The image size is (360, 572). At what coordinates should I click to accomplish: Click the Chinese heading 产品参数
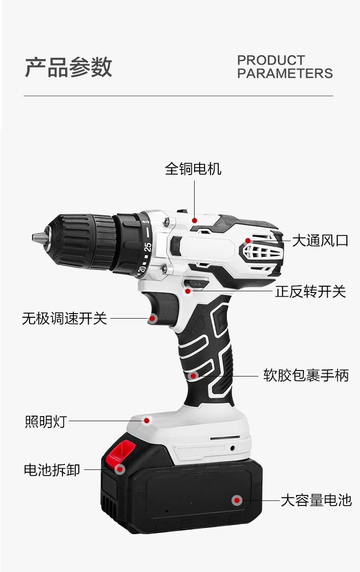[x=68, y=67]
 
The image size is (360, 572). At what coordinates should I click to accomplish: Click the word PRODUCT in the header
[x=271, y=60]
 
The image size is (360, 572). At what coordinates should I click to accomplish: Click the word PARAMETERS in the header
[x=285, y=73]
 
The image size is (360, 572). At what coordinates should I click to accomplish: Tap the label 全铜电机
[x=193, y=169]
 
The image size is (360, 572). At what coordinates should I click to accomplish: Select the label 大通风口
[x=320, y=240]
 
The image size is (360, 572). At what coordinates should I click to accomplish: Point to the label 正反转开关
[x=310, y=291]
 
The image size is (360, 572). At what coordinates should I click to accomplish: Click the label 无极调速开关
[x=64, y=318]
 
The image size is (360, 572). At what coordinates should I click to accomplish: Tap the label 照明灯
[x=46, y=422]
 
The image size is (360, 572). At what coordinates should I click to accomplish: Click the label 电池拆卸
[x=52, y=470]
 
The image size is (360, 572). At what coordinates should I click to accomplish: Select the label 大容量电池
[x=316, y=500]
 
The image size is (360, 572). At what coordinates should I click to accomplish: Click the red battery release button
[x=120, y=452]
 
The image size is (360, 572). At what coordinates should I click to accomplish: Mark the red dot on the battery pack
[x=237, y=500]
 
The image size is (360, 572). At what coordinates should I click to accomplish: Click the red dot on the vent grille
[x=248, y=240]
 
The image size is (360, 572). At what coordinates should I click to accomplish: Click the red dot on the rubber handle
[x=193, y=376]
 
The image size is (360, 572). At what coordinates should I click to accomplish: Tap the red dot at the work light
[x=147, y=420]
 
